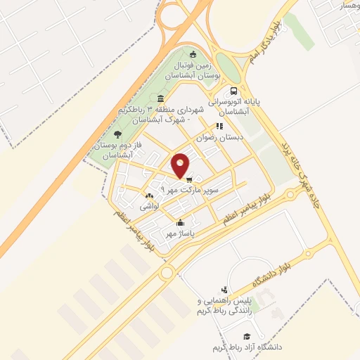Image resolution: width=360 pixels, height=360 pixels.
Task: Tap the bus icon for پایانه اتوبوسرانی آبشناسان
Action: pyautogui.click(x=233, y=91)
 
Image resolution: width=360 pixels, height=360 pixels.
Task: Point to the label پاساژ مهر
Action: pyautogui.click(x=179, y=233)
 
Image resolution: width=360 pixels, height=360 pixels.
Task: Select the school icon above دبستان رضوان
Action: pyautogui.click(x=219, y=127)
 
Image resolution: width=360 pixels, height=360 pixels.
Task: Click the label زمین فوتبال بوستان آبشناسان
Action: pyautogui.click(x=193, y=69)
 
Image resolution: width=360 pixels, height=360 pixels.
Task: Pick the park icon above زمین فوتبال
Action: pyautogui.click(x=193, y=54)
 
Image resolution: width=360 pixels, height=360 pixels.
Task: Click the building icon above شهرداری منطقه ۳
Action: pyautogui.click(x=161, y=98)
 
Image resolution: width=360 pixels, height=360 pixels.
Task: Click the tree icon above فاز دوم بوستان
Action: pyautogui.click(x=117, y=134)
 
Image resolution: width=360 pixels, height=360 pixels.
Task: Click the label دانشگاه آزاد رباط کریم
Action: pyautogui.click(x=245, y=348)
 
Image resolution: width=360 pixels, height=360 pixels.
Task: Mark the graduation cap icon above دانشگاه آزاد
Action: pyautogui.click(x=246, y=337)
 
